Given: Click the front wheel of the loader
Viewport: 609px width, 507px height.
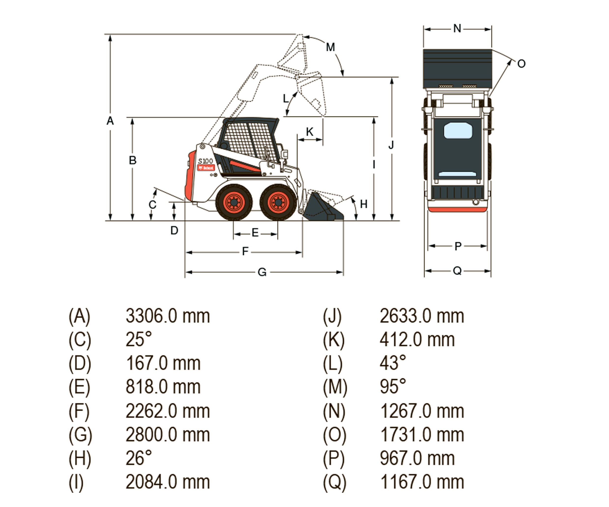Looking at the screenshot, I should click(x=278, y=202).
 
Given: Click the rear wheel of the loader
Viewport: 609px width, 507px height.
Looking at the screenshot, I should click(x=234, y=202).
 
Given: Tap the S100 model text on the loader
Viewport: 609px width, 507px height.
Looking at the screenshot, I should click(x=205, y=161).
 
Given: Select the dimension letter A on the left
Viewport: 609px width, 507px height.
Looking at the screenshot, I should click(x=110, y=121).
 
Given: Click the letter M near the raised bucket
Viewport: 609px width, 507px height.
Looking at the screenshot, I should click(x=330, y=47).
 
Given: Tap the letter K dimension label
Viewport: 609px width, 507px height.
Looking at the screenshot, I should click(x=310, y=132).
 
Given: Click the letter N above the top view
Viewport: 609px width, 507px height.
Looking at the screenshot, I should click(x=457, y=29).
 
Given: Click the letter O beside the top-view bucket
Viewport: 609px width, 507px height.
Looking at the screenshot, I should click(x=521, y=64).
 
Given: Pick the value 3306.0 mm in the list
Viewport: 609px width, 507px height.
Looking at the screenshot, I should click(x=168, y=316).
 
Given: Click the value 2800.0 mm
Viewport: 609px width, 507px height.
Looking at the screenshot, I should click(x=168, y=435).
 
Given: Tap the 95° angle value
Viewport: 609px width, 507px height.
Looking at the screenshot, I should click(x=393, y=387).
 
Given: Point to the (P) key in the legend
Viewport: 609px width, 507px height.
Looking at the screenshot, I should click(x=334, y=459).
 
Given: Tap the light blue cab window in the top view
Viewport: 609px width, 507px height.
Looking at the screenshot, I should click(x=458, y=130).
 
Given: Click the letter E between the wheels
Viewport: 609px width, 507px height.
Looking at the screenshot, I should click(x=255, y=233).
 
